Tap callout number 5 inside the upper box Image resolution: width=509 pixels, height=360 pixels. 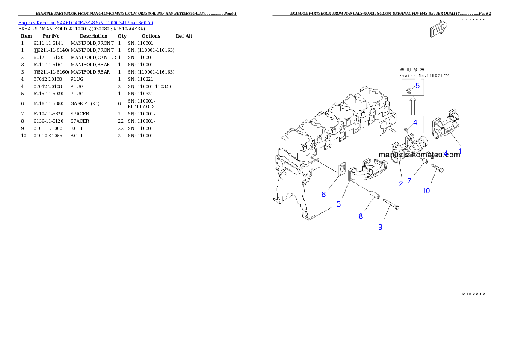[417, 85]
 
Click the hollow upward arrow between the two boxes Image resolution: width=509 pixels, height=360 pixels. [412, 106]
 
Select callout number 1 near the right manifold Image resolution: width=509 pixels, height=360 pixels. [460, 151]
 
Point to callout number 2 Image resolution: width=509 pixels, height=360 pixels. [401, 184]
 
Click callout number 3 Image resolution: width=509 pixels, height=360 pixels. [338, 204]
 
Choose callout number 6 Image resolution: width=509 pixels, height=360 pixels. [323, 194]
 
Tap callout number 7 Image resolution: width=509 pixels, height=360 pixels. [409, 181]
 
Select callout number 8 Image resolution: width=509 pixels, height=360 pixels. [361, 216]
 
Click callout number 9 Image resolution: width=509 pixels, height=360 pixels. [380, 227]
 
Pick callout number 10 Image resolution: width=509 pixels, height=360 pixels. [426, 191]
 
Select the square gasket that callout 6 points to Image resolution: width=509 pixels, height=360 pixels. [343, 169]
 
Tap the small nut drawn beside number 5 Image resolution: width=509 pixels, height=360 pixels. [408, 90]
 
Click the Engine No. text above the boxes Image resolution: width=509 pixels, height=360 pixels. [424, 75]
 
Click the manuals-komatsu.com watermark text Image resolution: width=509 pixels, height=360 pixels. [419, 155]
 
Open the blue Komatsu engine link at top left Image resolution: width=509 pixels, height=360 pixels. [86, 22]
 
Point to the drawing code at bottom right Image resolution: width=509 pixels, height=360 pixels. [473, 294]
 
